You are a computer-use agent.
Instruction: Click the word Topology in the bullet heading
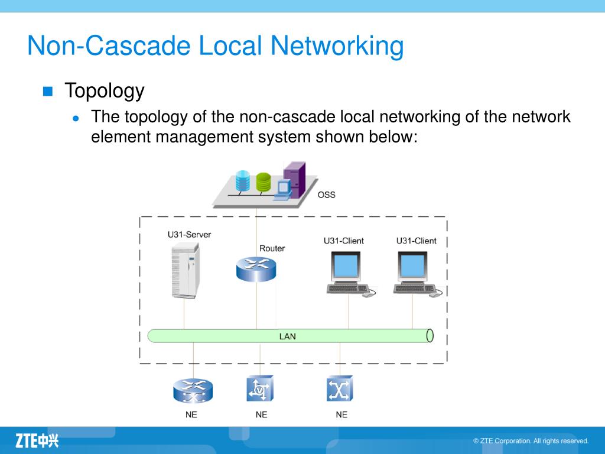pyautogui.click(x=104, y=91)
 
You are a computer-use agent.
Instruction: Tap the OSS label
pyautogui.click(x=326, y=194)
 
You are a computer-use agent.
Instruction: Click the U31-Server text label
pyautogui.click(x=189, y=235)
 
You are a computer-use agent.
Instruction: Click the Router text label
pyautogui.click(x=272, y=248)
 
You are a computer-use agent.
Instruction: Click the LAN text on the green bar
pyautogui.click(x=287, y=336)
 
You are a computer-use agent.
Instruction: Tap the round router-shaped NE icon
pyautogui.click(x=193, y=390)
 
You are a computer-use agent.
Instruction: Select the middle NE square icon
pyautogui.click(x=260, y=389)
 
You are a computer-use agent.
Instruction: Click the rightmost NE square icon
pyautogui.click(x=340, y=389)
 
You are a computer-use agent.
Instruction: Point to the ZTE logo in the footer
pyautogui.click(x=37, y=440)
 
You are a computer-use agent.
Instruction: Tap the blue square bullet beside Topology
pyautogui.click(x=48, y=91)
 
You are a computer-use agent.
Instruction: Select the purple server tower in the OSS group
pyautogui.click(x=294, y=177)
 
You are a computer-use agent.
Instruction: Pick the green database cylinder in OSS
pyautogui.click(x=263, y=181)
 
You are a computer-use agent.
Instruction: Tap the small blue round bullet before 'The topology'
pyautogui.click(x=76, y=118)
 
